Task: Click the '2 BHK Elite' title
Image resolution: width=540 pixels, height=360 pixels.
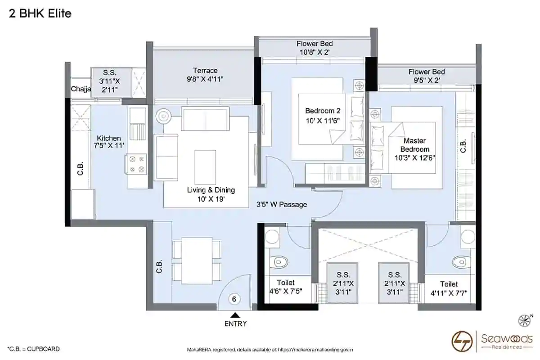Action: click(40, 13)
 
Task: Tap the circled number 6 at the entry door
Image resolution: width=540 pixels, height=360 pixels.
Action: click(234, 299)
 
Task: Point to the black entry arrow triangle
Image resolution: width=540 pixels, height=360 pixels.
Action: click(235, 315)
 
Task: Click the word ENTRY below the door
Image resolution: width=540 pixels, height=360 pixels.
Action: click(235, 324)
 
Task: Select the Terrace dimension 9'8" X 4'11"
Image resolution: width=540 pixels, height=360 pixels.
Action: click(205, 79)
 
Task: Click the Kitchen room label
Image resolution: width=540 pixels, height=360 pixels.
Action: click(109, 138)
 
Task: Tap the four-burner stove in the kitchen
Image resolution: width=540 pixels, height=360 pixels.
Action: click(136, 164)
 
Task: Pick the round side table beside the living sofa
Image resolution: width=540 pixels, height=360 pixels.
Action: click(164, 117)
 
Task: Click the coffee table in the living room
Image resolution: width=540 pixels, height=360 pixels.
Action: click(205, 167)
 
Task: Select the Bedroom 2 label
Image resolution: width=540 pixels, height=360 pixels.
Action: click(323, 111)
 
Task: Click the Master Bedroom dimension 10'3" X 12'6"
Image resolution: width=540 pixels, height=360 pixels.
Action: click(414, 158)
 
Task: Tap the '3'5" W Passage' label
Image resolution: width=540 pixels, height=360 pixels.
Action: click(282, 204)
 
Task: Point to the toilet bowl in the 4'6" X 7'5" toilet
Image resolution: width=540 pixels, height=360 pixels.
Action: click(279, 262)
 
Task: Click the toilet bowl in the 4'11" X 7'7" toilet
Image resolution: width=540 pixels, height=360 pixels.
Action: click(461, 262)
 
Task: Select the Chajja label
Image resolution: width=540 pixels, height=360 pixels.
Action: click(81, 89)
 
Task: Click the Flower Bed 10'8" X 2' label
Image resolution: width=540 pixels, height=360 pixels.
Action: click(315, 48)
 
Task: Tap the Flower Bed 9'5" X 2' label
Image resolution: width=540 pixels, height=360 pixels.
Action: click(427, 76)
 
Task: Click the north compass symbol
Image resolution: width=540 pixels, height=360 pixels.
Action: click(525, 320)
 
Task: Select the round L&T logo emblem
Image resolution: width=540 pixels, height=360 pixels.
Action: click(462, 341)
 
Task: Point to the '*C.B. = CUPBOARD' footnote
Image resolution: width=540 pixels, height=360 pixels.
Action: click(33, 349)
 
